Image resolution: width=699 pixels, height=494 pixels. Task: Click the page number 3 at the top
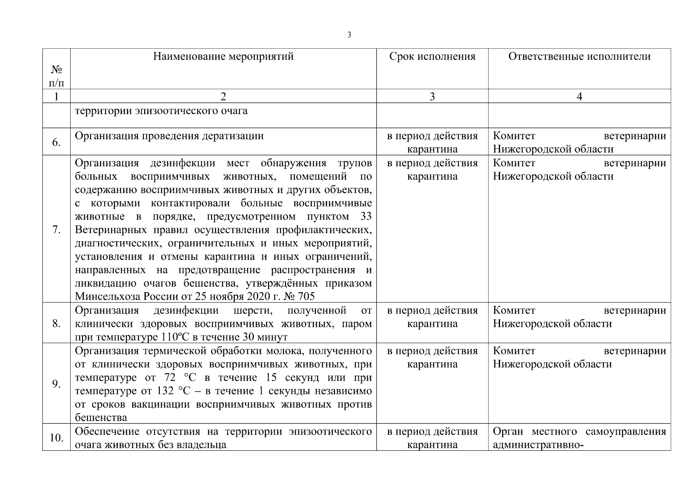coord(349,35)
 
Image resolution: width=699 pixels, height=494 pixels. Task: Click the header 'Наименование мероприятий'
coord(223,56)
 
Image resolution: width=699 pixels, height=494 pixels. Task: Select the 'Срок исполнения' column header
coord(432,56)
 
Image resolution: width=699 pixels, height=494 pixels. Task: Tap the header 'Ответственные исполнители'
coord(579,56)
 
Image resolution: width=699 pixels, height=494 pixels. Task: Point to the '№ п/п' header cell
coord(56,77)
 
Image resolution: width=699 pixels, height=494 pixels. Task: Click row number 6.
coord(56,142)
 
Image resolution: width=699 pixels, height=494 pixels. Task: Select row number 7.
coord(56,229)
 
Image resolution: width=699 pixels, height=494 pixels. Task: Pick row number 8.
coord(56,324)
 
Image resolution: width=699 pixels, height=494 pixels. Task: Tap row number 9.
coord(56,384)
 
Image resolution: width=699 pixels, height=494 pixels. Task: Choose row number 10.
coord(56,438)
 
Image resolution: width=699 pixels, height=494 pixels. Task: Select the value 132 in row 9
coord(165,391)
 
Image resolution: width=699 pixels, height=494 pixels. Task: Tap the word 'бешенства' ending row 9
coord(101,417)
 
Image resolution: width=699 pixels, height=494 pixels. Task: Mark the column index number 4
coord(579,96)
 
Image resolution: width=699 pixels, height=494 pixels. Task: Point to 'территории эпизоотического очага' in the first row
coord(161,111)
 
